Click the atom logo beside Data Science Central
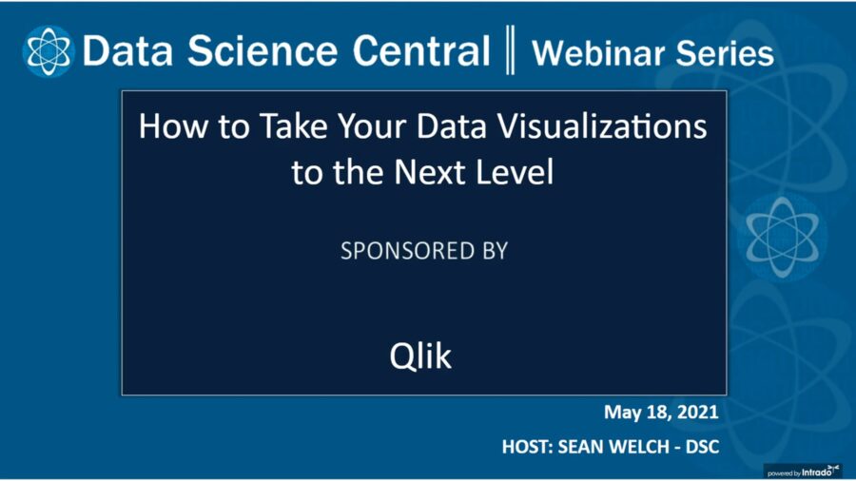click(49, 50)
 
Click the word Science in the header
click(263, 50)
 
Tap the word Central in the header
click(421, 50)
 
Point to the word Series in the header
click(725, 53)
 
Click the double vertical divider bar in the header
click(510, 49)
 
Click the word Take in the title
click(294, 126)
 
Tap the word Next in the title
click(430, 172)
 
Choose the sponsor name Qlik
click(420, 356)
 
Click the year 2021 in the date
click(698, 412)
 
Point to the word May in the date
click(622, 413)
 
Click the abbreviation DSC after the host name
click(703, 447)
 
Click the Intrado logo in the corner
click(803, 471)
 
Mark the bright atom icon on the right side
click(783, 237)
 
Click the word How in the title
click(173, 126)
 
